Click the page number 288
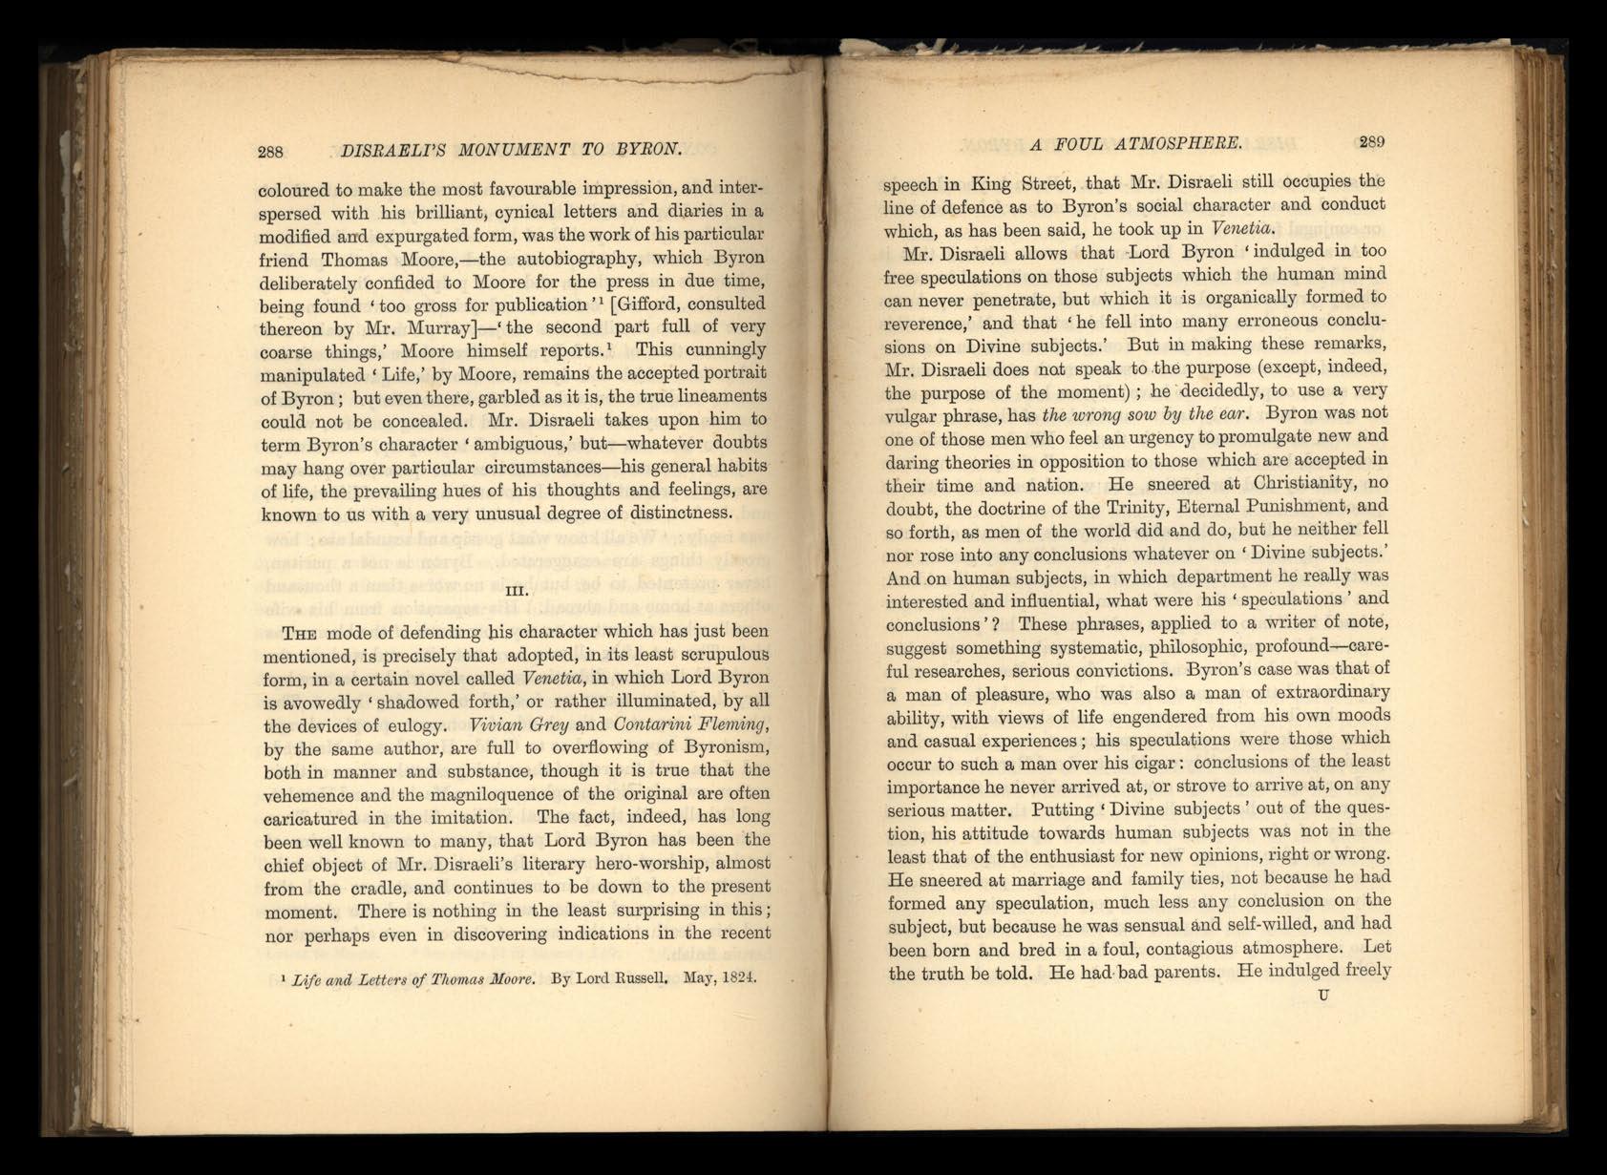(272, 151)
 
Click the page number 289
(1371, 142)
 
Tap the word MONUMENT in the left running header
(496, 149)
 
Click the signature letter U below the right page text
(1322, 997)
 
